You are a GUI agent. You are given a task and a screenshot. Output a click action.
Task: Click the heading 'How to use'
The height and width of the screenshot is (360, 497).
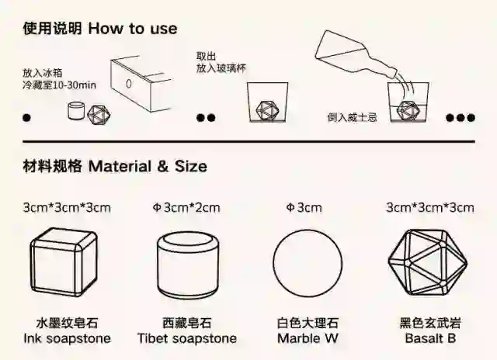132,29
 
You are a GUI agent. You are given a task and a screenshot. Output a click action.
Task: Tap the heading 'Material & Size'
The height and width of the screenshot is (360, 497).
148,166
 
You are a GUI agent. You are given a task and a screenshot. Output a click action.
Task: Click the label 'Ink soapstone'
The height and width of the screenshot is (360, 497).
67,338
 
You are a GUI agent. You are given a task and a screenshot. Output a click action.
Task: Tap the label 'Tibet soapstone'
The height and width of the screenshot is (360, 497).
186,338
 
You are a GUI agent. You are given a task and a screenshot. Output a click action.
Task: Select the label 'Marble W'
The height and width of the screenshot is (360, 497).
309,338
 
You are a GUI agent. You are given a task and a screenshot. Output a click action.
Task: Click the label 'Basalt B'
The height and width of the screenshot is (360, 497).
429,338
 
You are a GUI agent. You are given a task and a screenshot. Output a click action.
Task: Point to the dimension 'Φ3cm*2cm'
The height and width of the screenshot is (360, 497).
186,207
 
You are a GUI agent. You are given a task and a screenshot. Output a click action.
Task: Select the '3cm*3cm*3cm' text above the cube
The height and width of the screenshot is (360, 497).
67,207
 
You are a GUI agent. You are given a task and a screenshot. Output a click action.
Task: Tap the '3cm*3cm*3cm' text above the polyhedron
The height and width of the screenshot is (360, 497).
429,207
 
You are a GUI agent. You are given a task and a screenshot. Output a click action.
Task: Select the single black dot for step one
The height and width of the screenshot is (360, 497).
27,119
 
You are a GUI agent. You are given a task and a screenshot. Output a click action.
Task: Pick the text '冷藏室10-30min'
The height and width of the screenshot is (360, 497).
59,85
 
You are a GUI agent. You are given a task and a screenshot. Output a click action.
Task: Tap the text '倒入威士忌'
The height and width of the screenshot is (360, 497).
352,118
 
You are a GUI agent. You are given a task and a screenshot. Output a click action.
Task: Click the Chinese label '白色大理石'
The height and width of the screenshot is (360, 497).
308,323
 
